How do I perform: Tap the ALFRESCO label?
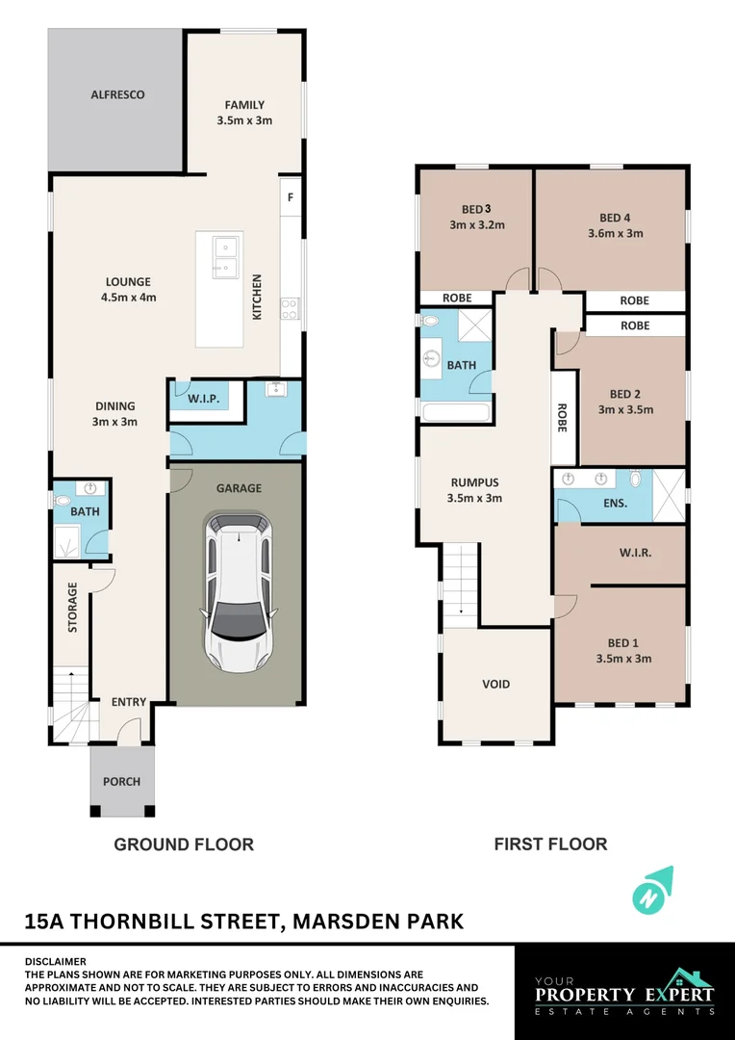(x=117, y=94)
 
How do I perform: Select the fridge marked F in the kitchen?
(x=291, y=197)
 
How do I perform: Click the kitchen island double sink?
(x=224, y=255)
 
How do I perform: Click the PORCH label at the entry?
(x=122, y=781)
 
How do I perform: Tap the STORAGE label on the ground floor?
(x=72, y=608)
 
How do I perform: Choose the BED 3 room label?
(x=476, y=209)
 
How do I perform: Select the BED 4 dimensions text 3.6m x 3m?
(x=616, y=233)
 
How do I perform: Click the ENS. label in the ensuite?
(x=616, y=503)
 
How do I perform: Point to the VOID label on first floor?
(x=496, y=685)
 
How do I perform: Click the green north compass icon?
(x=652, y=889)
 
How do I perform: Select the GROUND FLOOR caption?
(x=184, y=845)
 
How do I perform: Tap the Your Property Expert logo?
(x=624, y=992)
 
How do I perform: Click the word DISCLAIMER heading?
(x=55, y=961)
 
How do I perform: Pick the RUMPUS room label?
(x=474, y=483)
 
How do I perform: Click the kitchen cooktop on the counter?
(x=290, y=308)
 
